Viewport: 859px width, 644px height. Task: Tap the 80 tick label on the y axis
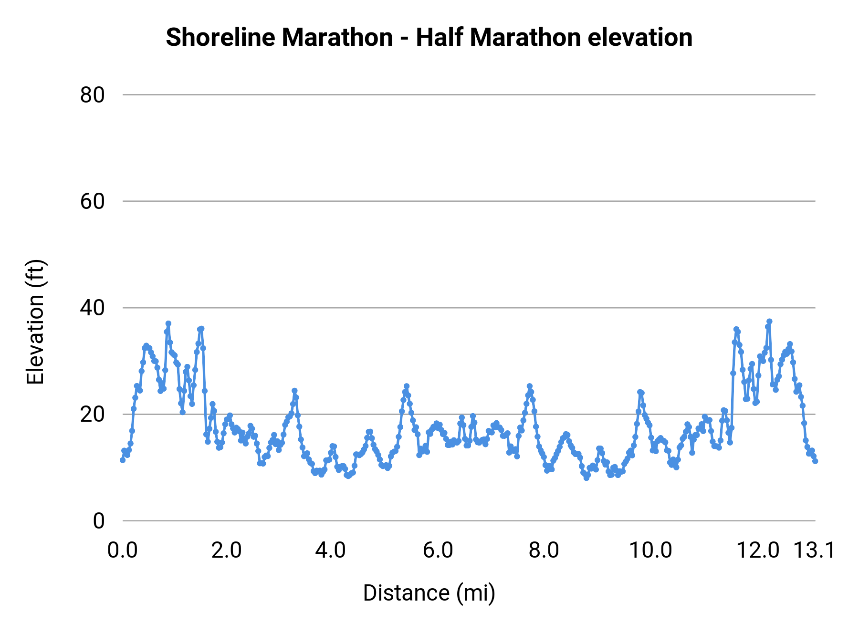pyautogui.click(x=92, y=95)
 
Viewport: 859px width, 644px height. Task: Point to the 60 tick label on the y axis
pyautogui.click(x=92, y=202)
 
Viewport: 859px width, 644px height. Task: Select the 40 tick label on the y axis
pyautogui.click(x=92, y=308)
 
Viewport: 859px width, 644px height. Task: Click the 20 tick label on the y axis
pyautogui.click(x=92, y=415)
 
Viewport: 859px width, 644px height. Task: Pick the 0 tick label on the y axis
pyautogui.click(x=98, y=521)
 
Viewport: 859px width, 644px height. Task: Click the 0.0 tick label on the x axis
pyautogui.click(x=122, y=551)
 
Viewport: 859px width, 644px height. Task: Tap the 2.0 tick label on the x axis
pyautogui.click(x=226, y=551)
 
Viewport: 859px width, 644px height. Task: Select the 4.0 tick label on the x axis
pyautogui.click(x=331, y=551)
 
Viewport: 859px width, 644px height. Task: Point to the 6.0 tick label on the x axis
pyautogui.click(x=438, y=551)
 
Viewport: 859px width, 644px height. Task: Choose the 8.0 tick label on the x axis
pyautogui.click(x=544, y=551)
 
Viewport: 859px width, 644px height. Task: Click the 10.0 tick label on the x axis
pyautogui.click(x=650, y=551)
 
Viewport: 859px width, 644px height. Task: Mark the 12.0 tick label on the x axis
pyautogui.click(x=758, y=551)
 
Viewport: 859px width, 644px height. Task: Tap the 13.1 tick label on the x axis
pyautogui.click(x=814, y=551)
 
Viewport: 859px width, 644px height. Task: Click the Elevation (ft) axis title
pyautogui.click(x=35, y=322)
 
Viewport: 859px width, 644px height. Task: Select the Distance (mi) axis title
pyautogui.click(x=429, y=593)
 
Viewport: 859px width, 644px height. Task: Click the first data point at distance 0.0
pyautogui.click(x=123, y=460)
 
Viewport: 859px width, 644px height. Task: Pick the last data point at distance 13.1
pyautogui.click(x=815, y=461)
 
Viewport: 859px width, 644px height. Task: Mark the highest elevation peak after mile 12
pyautogui.click(x=769, y=322)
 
